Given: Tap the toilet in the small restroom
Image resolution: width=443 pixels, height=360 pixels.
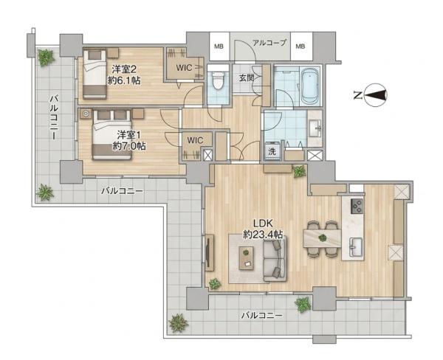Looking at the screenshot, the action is click(218, 80).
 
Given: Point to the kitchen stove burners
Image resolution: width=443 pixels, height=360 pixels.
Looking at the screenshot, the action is click(357, 206).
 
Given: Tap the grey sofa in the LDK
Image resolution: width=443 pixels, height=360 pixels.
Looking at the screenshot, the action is click(275, 259).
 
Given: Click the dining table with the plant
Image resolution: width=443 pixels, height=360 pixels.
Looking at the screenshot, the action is click(323, 238).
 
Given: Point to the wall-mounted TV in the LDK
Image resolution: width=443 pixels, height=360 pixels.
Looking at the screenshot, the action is click(208, 253).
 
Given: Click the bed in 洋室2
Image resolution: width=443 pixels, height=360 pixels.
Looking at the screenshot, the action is click(95, 73).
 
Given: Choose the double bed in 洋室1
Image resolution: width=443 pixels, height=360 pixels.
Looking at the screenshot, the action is click(112, 135).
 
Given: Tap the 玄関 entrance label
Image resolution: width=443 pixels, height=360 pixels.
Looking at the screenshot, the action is click(247, 78).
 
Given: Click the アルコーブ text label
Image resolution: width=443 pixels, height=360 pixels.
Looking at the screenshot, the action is click(269, 43).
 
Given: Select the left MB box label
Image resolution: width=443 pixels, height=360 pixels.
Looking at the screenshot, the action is click(219, 46).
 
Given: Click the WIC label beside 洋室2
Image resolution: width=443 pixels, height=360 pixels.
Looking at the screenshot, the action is click(184, 68).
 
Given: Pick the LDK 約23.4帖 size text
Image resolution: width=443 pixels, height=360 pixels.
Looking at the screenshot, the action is click(263, 229).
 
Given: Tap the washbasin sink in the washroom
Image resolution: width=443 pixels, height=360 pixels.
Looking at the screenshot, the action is click(315, 128).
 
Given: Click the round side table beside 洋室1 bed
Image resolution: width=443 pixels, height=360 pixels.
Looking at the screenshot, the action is click(86, 114).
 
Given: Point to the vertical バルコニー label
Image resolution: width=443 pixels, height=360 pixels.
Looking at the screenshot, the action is click(54, 117).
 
